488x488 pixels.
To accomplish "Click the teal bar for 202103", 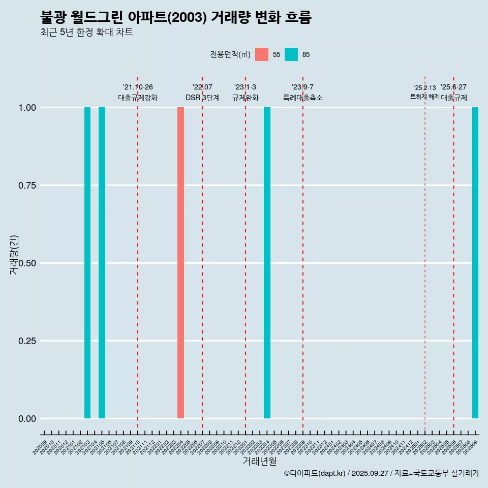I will [87, 263].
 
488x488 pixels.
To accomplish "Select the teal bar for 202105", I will [102, 263].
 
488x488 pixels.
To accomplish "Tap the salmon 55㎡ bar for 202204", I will [180, 263].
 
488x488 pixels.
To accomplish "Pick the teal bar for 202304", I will [267, 263].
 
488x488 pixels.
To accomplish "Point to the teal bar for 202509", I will [475, 263].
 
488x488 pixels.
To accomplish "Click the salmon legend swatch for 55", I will [262, 54].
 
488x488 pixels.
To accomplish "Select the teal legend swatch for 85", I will [291, 54].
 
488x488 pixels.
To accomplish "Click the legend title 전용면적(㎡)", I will [230, 54].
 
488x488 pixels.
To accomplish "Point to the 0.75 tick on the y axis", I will [26, 186].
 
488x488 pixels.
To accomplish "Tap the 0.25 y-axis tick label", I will [26, 341].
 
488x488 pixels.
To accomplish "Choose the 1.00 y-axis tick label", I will [26, 108].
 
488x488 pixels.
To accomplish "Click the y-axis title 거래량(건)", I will [14, 254].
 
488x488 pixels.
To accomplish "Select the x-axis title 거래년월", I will [259, 462].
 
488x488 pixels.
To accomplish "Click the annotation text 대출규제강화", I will [138, 98].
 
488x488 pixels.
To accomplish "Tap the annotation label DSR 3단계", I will [202, 98].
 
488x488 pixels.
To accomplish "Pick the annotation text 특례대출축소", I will [303, 98].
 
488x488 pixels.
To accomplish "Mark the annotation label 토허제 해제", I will [424, 97].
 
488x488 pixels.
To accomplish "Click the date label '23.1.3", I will [245, 87].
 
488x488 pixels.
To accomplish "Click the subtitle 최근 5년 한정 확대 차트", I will [86, 33].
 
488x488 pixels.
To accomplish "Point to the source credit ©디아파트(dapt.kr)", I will [315, 473].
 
